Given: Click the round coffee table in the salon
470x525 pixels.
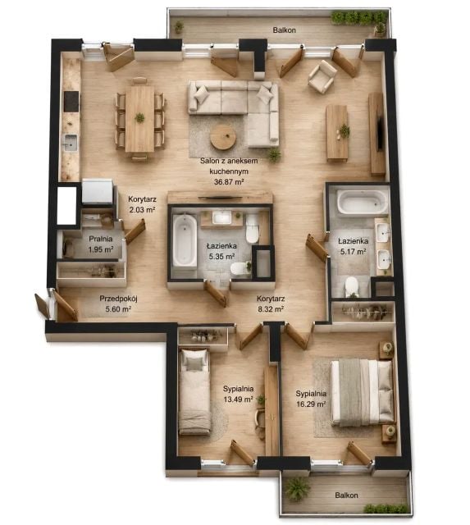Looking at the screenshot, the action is tap(223, 137).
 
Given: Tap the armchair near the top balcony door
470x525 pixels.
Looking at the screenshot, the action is tap(322, 76).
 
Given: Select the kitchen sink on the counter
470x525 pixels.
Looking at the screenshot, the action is tap(71, 143).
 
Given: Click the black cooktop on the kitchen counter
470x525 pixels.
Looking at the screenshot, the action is tap(71, 102).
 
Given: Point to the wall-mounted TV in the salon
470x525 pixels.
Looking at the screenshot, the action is tap(380, 133).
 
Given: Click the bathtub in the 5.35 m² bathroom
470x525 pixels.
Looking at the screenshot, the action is tap(185, 240).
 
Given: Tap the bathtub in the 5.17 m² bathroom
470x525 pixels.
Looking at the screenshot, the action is tap(363, 202).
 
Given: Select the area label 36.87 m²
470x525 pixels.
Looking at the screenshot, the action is tap(229, 182).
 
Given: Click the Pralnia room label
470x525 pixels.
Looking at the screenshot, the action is tap(100, 239).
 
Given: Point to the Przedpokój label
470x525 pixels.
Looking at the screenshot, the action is tap(118, 299).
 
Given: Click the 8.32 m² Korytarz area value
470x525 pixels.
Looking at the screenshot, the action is tap(271, 308).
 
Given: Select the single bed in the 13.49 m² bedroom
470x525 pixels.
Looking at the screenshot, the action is tap(194, 391).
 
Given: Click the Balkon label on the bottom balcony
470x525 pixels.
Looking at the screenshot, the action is tap(346, 495).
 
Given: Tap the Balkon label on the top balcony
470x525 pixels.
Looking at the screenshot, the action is tap(284, 30).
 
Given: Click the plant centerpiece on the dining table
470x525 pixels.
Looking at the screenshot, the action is tap(139, 117).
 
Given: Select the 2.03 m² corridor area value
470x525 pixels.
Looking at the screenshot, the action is tap(142, 210).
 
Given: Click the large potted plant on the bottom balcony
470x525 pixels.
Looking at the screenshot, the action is tap(297, 488).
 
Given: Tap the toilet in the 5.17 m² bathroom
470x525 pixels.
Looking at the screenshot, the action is tap(352, 287).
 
